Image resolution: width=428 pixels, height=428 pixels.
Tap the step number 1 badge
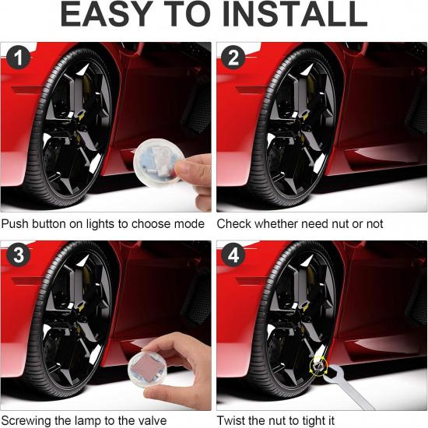click(19, 58)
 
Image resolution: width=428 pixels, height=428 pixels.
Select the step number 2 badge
click(233, 58)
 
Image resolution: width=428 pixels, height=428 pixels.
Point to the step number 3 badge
click(19, 254)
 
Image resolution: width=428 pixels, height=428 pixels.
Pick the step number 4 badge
click(233, 254)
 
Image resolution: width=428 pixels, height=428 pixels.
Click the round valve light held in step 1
click(158, 163)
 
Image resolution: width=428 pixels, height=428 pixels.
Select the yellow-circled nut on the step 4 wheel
click(318, 366)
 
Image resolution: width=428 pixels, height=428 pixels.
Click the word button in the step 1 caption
click(49, 224)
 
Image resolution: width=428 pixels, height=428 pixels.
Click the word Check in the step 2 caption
click(234, 224)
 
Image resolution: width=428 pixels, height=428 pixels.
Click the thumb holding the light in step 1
click(188, 169)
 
